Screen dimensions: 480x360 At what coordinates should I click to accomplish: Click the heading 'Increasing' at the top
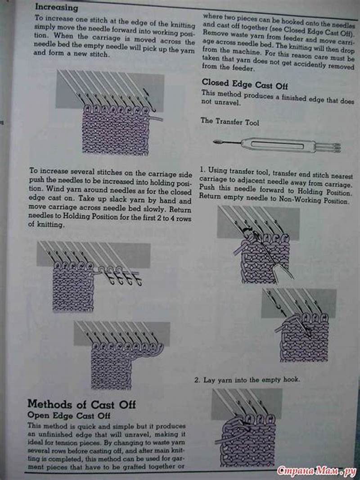click(56, 8)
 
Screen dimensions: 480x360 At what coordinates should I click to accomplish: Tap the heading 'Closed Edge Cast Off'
click(244, 84)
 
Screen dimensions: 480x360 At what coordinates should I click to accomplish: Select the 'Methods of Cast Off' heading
click(81, 404)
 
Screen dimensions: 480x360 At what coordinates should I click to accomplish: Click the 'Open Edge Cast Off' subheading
click(69, 415)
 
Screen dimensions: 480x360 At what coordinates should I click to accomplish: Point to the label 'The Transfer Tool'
click(229, 122)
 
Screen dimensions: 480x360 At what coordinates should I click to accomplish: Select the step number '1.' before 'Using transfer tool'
click(202, 170)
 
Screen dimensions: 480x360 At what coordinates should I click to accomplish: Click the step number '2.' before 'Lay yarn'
click(197, 380)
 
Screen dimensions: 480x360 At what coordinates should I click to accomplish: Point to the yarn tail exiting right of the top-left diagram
click(157, 118)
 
